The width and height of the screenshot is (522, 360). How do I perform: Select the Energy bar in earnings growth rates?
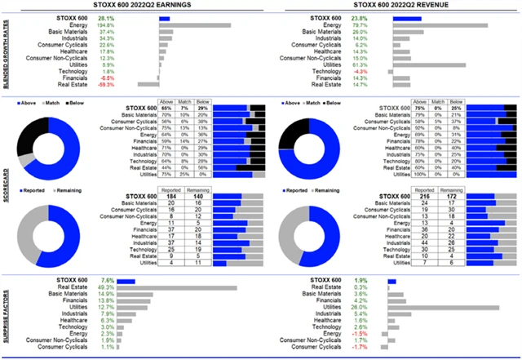click(x=194, y=26)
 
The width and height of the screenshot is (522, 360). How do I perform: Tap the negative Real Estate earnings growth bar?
click(x=148, y=83)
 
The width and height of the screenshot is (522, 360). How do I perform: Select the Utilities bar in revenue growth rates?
click(x=428, y=65)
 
